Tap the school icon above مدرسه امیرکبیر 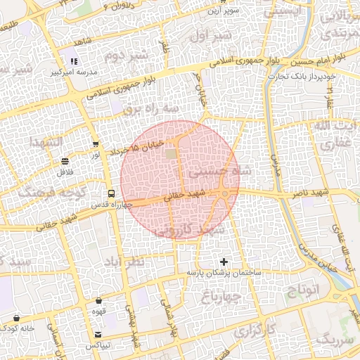click(74, 62)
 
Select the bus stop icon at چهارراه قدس click(111, 193)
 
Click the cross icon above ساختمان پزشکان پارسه click(224, 262)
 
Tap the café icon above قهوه click(98, 300)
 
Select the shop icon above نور click(95, 144)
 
